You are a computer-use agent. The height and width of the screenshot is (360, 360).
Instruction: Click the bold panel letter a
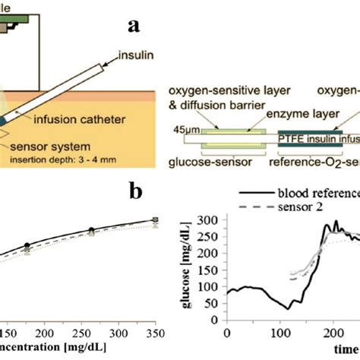[134, 28]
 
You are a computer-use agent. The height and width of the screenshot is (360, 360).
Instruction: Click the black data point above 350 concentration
[262, 219]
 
